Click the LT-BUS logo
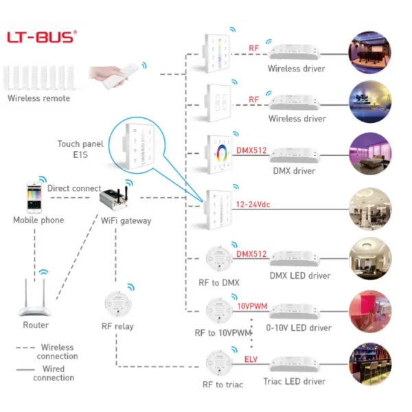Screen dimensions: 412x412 (41, 36)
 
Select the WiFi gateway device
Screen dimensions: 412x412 (117, 199)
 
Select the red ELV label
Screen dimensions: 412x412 (251, 358)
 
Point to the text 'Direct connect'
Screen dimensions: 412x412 (74, 188)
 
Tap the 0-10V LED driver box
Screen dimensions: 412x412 (297, 311)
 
